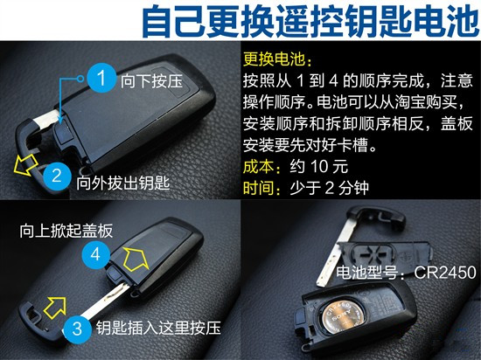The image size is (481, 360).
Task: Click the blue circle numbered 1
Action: pos(101,78)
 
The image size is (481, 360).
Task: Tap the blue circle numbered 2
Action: pos(57,177)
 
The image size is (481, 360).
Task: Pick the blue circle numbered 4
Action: pos(95,254)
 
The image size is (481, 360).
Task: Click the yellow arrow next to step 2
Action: pos(25,164)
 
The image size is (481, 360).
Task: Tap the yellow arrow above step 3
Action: pos(55,308)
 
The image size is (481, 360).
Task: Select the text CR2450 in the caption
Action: pos(445,272)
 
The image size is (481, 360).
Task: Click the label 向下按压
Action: pos(151,81)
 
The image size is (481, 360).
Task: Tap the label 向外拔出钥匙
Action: pos(122,183)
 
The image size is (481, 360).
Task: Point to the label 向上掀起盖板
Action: pos(66,231)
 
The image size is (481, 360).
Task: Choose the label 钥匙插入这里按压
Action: pos(158,329)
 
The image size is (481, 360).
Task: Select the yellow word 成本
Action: pos(259,166)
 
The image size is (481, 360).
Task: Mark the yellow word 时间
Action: pos(259,188)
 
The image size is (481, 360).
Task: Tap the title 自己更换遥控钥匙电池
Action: pos(310,22)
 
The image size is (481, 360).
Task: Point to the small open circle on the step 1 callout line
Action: pos(80,79)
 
